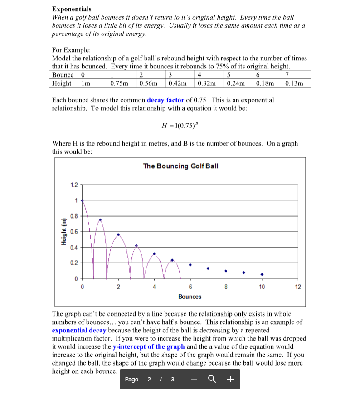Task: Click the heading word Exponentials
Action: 72,9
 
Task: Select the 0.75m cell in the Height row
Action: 118,83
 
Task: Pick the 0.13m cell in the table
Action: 297,83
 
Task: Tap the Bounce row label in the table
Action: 63,75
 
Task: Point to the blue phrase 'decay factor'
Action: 165,100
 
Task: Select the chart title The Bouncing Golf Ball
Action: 180,166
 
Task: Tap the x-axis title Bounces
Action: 190,297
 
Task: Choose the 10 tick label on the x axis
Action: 262,287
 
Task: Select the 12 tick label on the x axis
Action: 297,287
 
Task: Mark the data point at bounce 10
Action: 262,274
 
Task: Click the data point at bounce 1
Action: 100,220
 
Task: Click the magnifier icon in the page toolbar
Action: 211,380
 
